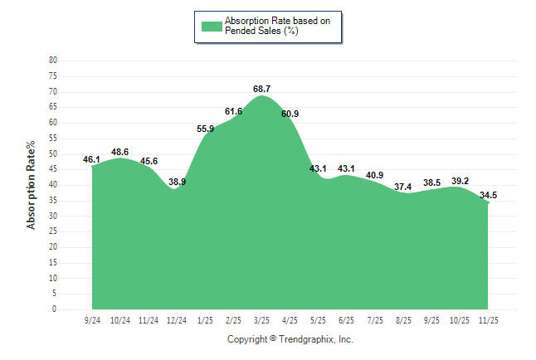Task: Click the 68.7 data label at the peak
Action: point(262,88)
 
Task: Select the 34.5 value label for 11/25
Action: point(488,196)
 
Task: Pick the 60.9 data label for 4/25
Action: point(290,114)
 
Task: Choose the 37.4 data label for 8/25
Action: point(403,187)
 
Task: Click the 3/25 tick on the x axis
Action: point(262,320)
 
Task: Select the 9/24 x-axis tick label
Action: point(92,320)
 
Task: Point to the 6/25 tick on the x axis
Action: point(347,320)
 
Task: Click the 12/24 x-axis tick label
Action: point(177,320)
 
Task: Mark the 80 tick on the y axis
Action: point(54,61)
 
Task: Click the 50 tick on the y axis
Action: point(54,154)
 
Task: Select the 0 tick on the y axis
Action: point(56,309)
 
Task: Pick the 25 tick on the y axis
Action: point(54,231)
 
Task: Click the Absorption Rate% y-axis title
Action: point(32,185)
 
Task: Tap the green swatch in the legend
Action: point(212,27)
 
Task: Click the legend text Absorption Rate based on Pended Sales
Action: point(282,26)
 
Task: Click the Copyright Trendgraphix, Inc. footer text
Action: point(290,339)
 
